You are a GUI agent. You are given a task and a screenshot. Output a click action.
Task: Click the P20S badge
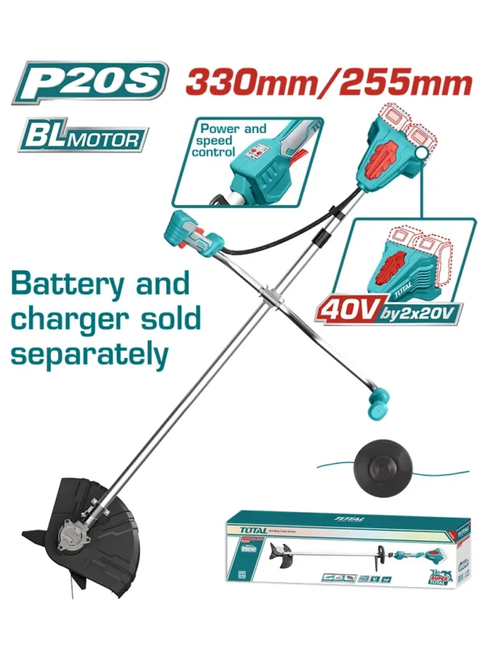point(90,83)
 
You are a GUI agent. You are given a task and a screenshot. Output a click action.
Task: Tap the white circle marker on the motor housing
point(423,151)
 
